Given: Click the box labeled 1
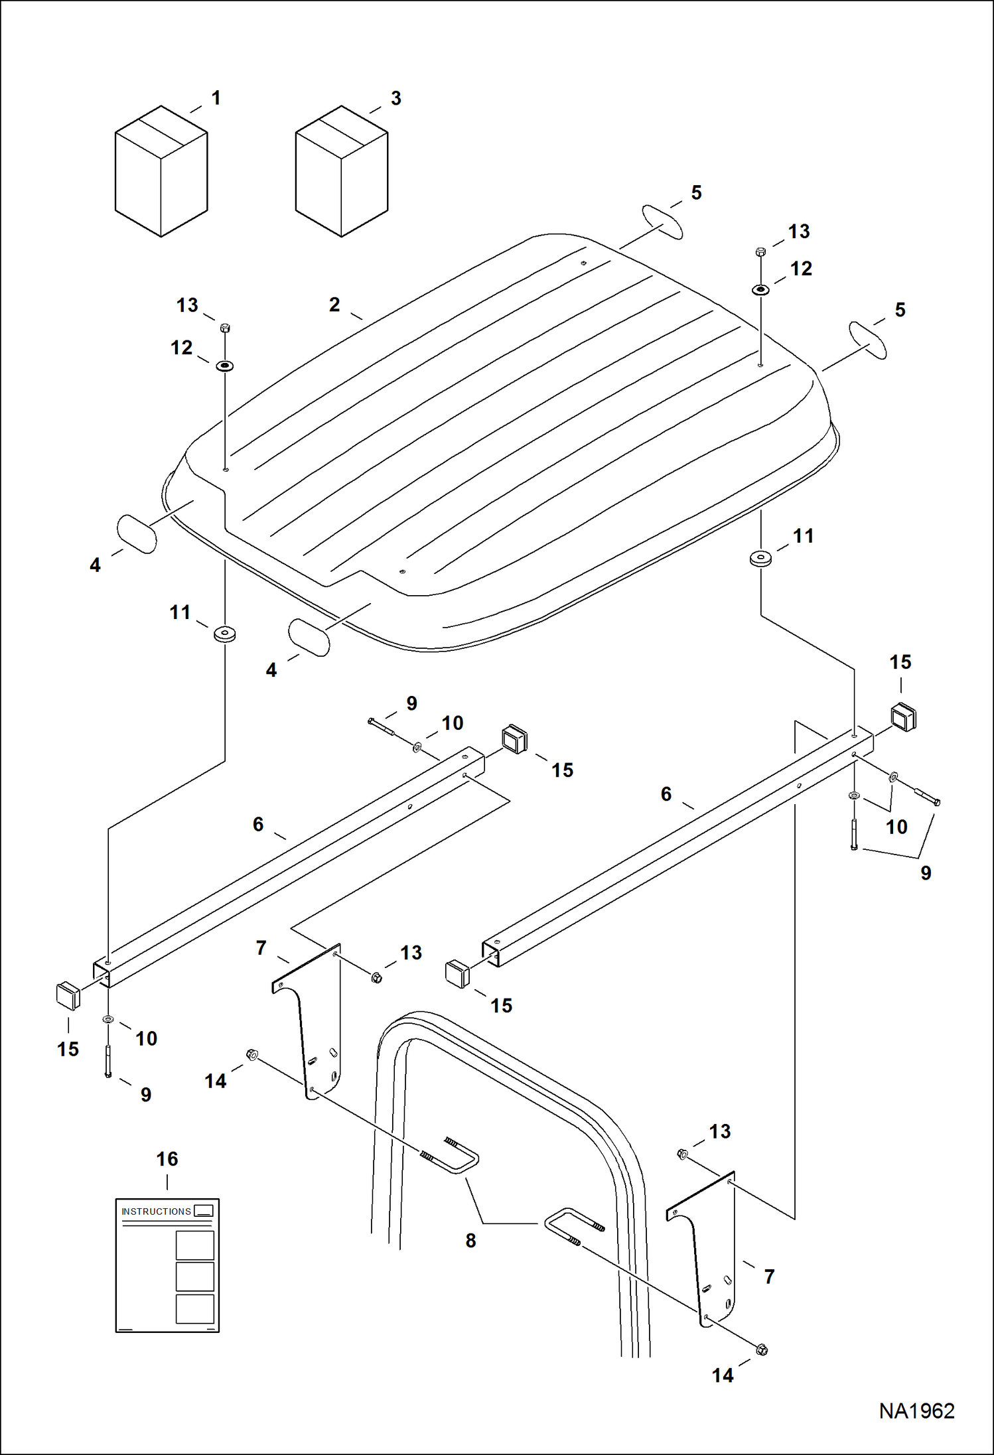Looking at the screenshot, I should point(161,171).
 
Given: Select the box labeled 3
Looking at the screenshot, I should point(341,171).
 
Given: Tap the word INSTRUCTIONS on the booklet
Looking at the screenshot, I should point(156,1212).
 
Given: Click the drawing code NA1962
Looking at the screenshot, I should point(916,1411).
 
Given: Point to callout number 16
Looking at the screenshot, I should point(167,1159).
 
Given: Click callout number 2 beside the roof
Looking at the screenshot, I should point(334,305).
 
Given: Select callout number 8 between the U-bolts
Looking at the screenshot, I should point(470,1240).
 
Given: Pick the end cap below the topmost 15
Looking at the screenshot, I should point(903,717).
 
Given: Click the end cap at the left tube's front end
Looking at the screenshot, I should point(68,996).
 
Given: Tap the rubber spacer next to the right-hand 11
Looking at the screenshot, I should point(760,558).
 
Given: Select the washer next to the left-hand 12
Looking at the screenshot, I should point(225,366).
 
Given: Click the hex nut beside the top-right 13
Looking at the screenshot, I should point(760,251).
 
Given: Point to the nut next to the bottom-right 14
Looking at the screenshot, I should point(762,1350).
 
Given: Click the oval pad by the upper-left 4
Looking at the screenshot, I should point(137,534).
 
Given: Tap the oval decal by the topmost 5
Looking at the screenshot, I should point(662,222).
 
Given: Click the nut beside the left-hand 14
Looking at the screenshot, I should point(251,1054).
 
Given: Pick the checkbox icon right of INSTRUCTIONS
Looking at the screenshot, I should point(204,1211).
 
